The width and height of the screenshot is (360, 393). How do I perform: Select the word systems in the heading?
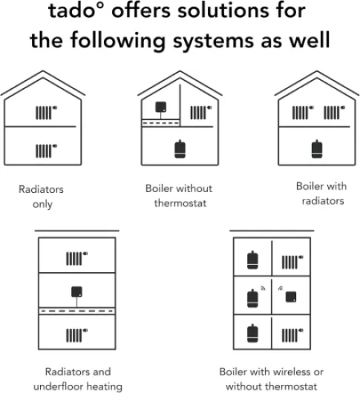[213, 40]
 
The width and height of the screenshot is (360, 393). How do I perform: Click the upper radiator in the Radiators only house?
[46, 113]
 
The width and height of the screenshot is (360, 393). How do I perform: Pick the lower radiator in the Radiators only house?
[46, 151]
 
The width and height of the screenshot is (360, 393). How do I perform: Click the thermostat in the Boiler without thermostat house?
[161, 107]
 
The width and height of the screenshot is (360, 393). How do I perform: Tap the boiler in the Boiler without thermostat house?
[180, 149]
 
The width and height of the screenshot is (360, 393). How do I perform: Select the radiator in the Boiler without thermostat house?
[201, 113]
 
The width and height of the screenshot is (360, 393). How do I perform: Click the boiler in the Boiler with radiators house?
[317, 149]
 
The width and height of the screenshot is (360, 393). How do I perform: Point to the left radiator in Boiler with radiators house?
[303, 113]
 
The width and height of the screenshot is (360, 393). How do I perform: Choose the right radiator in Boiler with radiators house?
[335, 113]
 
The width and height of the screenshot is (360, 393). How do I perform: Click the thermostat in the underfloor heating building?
[76, 292]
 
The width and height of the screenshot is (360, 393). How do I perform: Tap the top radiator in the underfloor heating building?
[76, 258]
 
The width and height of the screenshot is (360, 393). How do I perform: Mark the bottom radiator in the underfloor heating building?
[76, 335]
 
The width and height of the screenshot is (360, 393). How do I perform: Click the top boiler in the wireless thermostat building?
[252, 260]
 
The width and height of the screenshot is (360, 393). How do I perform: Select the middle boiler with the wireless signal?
[252, 298]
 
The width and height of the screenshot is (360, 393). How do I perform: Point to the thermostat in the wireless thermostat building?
[291, 297]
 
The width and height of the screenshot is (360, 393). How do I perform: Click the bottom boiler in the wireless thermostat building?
[252, 334]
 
